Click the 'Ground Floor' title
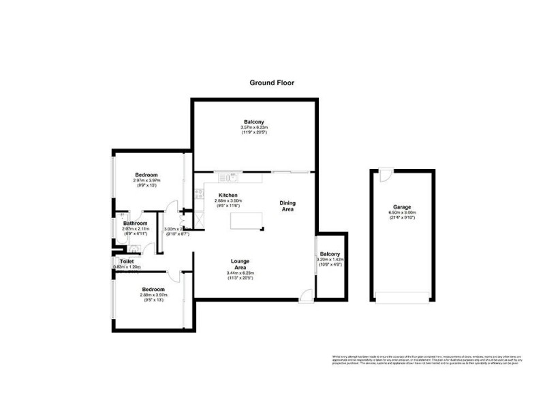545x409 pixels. [x=272, y=82]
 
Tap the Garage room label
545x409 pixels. [x=401, y=207]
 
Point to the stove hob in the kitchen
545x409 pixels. [x=199, y=194]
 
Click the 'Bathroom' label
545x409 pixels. [x=136, y=223]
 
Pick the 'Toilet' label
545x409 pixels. [x=127, y=261]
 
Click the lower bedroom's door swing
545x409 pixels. [x=174, y=276]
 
